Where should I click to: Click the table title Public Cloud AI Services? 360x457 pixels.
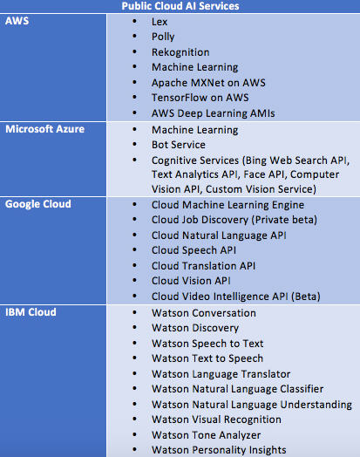point(180,6)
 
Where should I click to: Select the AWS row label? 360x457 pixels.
point(17,21)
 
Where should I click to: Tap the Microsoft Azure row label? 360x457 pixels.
point(44,129)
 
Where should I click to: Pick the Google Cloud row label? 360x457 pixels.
point(38,204)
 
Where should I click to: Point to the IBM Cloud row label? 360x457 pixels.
point(31,312)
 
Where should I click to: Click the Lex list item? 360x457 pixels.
point(160,22)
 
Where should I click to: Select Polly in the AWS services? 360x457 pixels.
point(163,37)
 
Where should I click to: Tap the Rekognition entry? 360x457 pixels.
point(180,52)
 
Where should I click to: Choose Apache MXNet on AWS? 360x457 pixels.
point(208,83)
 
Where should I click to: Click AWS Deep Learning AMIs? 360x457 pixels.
point(214,113)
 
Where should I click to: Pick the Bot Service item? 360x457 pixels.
point(178,145)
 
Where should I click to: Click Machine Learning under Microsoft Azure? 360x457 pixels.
point(195,130)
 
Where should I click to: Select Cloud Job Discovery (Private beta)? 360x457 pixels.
point(234,220)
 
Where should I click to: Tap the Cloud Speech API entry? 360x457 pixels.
point(194,250)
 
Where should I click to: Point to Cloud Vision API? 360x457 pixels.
point(191,281)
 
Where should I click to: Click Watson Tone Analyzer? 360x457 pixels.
point(207,435)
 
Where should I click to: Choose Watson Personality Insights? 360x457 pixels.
point(219,450)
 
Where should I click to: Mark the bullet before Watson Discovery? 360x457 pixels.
point(134,328)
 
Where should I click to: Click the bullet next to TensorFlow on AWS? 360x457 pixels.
point(134,98)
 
